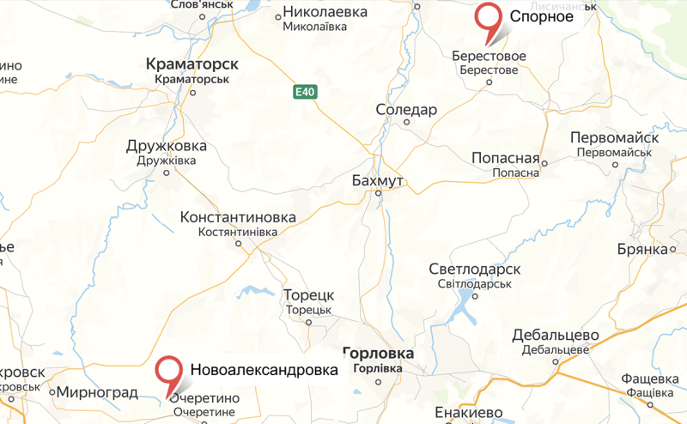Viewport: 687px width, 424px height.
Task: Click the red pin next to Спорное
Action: (x=489, y=19)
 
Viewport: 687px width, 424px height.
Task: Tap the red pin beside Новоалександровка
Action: (x=170, y=371)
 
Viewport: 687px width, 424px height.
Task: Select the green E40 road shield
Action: (x=305, y=93)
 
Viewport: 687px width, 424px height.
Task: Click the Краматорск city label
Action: (x=192, y=64)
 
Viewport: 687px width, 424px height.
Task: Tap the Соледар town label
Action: (x=407, y=110)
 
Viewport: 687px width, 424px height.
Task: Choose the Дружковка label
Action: (x=167, y=145)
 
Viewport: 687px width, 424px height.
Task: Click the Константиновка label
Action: (x=238, y=218)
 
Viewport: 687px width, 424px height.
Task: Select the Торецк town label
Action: (x=308, y=294)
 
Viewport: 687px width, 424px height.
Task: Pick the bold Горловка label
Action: (x=378, y=353)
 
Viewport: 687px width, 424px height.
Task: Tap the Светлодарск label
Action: (x=475, y=270)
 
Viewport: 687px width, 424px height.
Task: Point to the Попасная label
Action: (x=505, y=158)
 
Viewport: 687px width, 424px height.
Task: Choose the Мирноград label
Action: (x=97, y=392)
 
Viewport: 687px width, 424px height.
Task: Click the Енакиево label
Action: (x=469, y=412)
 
